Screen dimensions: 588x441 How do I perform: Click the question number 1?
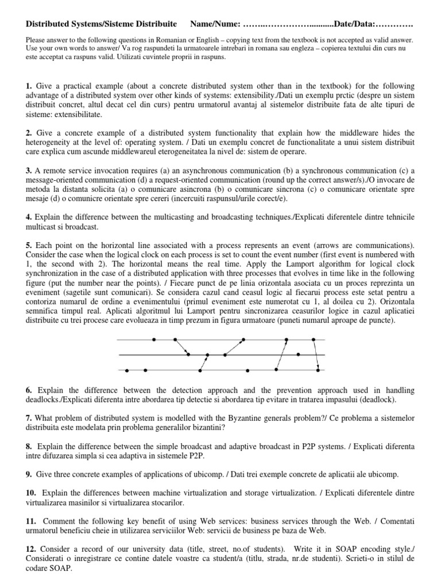pos(29,86)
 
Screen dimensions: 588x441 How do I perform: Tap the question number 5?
pos(29,245)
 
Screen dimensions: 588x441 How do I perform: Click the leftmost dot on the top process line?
pos(154,340)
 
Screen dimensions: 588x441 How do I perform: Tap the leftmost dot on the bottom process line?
pos(127,369)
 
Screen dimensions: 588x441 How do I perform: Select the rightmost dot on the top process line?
pos(314,340)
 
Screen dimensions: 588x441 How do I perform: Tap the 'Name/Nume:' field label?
pos(215,25)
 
